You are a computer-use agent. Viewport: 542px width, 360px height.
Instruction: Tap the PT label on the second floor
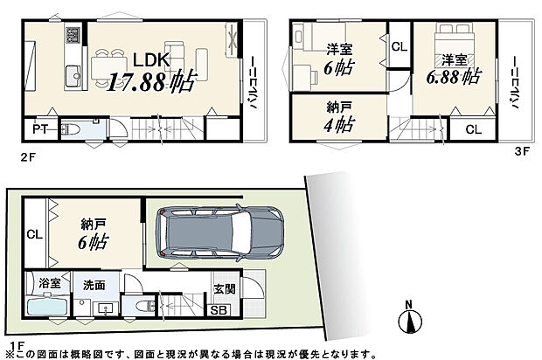coord(39,130)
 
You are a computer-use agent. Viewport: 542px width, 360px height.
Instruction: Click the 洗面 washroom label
coord(94,284)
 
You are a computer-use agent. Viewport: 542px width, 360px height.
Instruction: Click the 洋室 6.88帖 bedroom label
coord(453,69)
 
